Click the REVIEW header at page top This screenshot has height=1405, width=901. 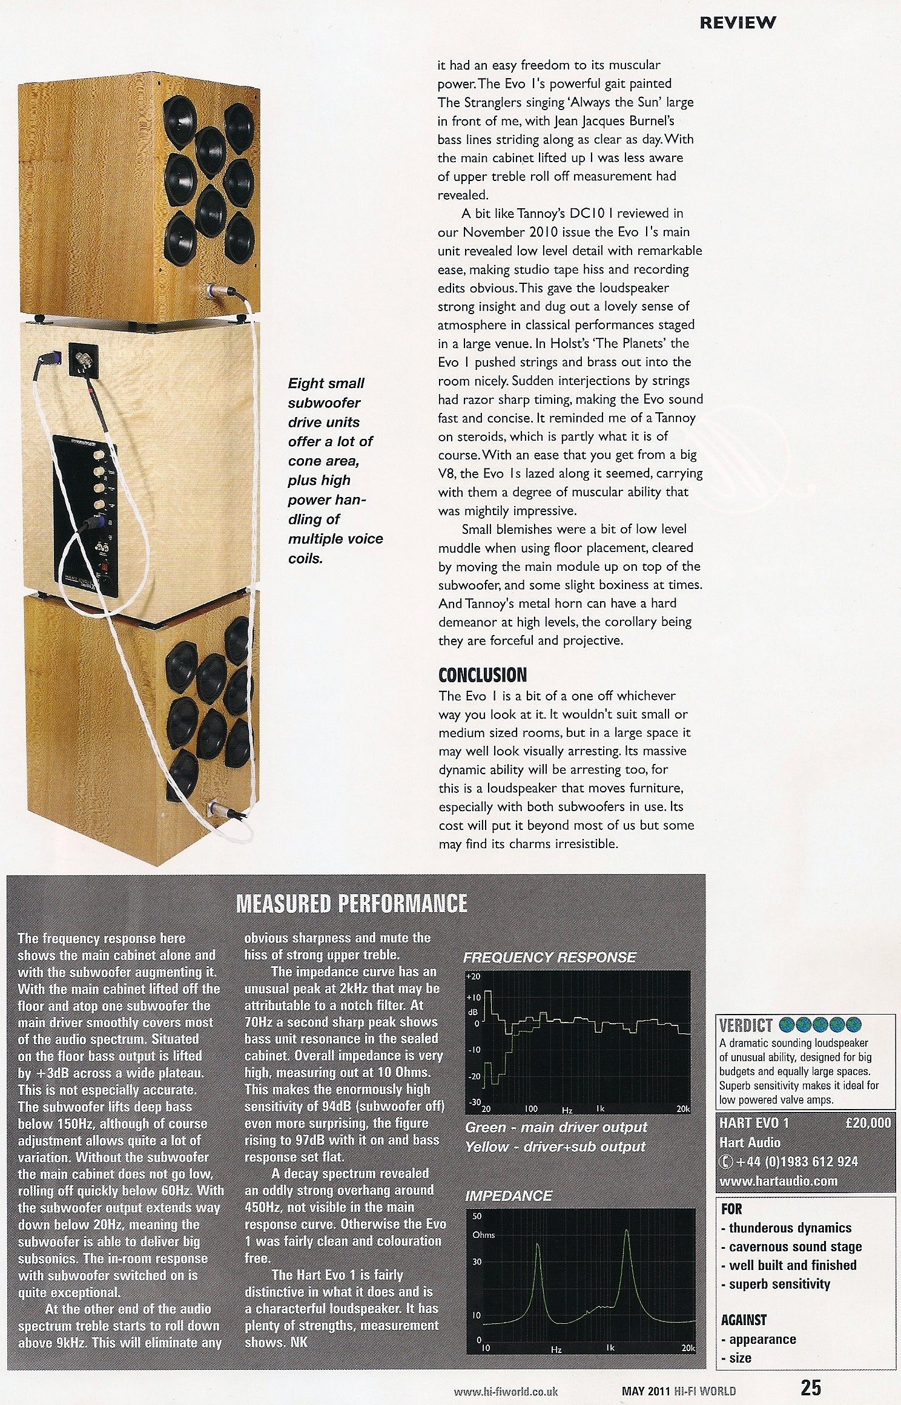737,23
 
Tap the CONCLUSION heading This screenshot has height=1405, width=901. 482,674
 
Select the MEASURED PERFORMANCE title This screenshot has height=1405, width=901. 351,903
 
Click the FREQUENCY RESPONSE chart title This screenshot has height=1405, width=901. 549,957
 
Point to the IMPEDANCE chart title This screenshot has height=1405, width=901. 509,1196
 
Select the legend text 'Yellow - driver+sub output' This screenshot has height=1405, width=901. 555,1147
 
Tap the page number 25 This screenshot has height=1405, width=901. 811,1386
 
